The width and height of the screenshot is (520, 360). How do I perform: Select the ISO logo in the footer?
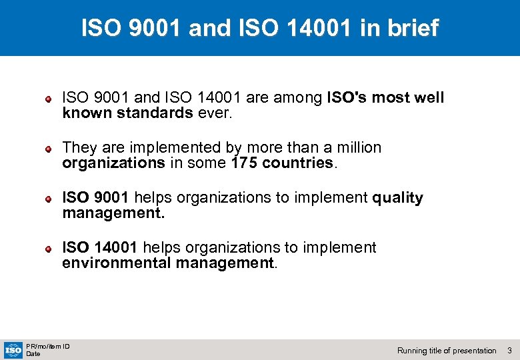13,349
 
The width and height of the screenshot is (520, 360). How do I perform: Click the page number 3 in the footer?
509,350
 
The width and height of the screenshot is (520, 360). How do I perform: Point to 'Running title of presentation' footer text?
447,350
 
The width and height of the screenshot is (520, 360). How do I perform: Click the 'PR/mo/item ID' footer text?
47,345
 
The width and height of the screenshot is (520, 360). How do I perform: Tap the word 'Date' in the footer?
33,353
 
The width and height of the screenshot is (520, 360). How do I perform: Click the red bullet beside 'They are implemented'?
49,149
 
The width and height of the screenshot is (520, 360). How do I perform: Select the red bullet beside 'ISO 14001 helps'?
49,249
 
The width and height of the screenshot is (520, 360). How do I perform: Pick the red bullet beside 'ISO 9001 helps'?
49,199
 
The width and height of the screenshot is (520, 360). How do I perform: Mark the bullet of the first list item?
49,99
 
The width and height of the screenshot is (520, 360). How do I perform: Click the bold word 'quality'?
397,197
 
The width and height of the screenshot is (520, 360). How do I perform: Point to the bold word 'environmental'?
117,263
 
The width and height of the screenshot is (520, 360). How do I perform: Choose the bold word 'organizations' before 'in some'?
113,163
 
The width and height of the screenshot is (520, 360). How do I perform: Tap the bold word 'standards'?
155,113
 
